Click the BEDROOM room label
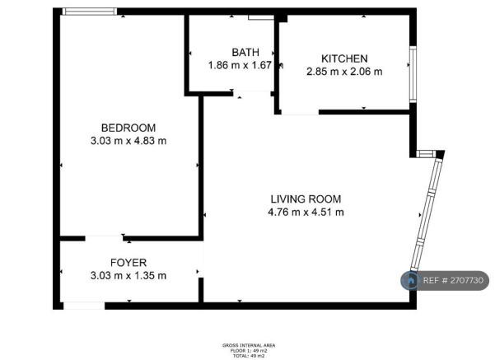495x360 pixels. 128,127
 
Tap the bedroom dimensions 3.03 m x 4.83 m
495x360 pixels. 128,140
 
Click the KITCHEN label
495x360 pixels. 343,58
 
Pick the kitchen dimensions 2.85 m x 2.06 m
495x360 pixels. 343,72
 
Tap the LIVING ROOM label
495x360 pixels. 306,199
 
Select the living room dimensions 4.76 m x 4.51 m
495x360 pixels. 306,212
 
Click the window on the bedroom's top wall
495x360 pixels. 91,12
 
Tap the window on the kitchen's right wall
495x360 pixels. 413,63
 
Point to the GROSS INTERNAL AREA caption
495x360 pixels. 248,344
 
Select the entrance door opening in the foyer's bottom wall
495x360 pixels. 85,306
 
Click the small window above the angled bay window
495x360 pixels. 427,153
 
